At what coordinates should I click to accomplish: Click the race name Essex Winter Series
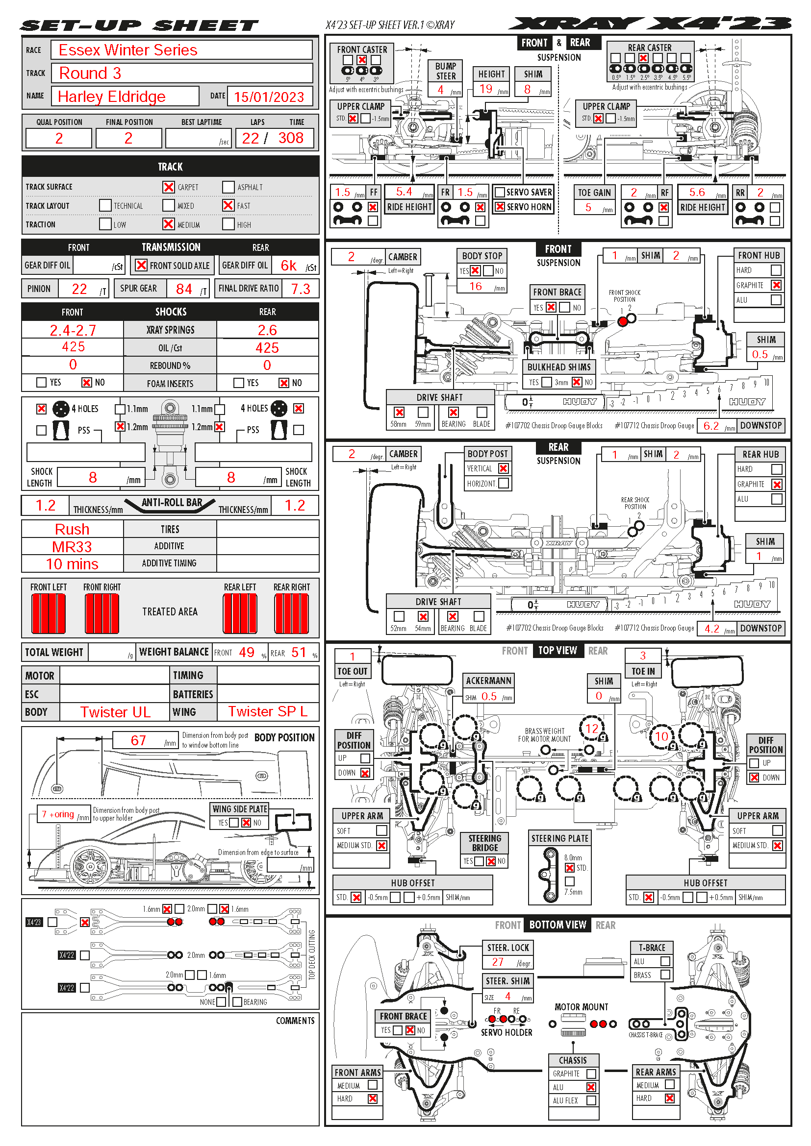[x=128, y=50]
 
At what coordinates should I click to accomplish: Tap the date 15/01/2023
[x=269, y=97]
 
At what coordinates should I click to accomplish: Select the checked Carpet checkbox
[x=168, y=187]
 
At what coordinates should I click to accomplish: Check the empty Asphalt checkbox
[x=228, y=187]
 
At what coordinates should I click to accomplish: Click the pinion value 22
[x=79, y=289]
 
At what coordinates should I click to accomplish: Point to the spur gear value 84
[x=184, y=289]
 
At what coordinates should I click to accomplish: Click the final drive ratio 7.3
[x=300, y=289]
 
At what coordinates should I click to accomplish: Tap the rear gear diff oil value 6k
[x=288, y=266]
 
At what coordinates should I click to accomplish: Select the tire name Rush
[x=72, y=529]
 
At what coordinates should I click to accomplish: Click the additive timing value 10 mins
[x=72, y=564]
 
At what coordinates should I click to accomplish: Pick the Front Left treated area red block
[x=49, y=613]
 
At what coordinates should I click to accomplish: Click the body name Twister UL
[x=115, y=712]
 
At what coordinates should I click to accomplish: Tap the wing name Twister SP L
[x=268, y=711]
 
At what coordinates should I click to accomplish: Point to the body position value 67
[x=138, y=740]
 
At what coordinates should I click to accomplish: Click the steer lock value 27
[x=498, y=962]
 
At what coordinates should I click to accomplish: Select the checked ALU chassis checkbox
[x=591, y=1087]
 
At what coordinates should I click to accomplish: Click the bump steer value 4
[x=440, y=89]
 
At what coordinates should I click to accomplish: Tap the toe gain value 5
[x=588, y=207]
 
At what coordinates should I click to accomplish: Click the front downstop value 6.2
[x=710, y=426]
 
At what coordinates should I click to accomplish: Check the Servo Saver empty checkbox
[x=499, y=192]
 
